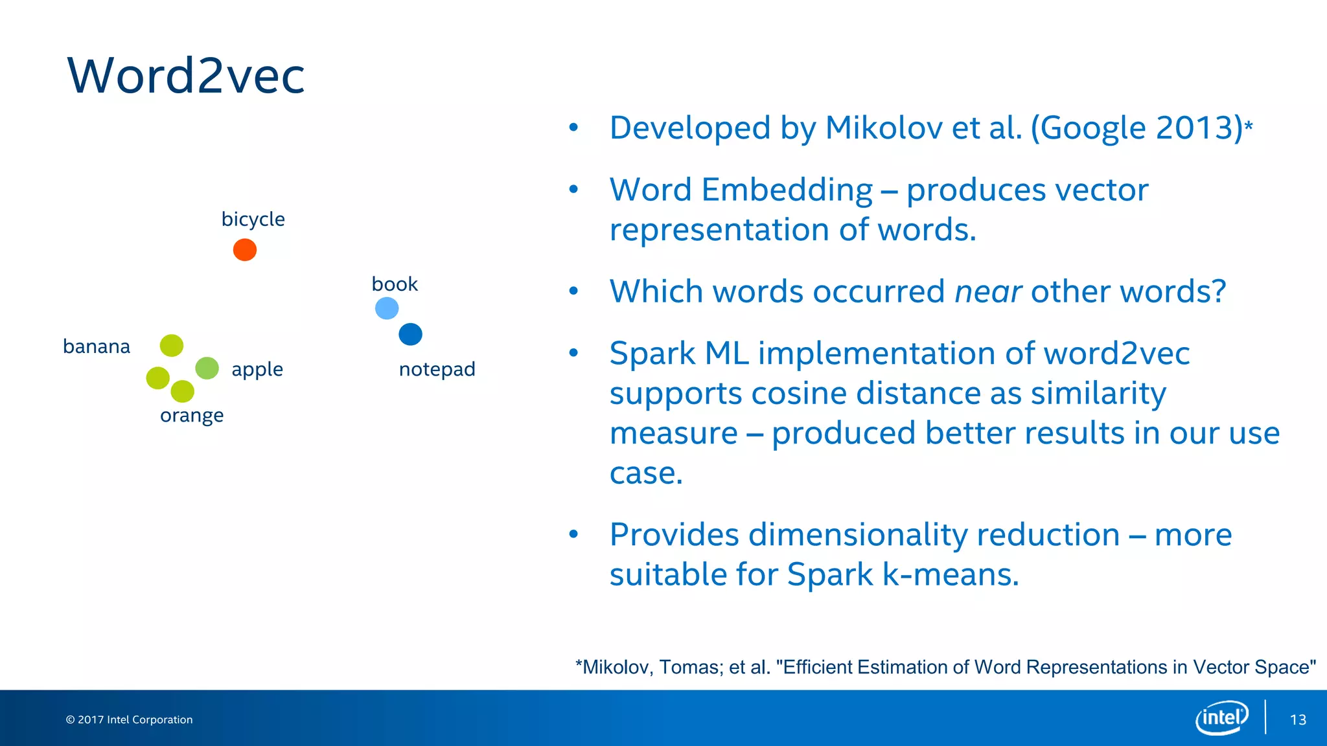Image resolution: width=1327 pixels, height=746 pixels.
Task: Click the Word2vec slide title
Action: coord(186,76)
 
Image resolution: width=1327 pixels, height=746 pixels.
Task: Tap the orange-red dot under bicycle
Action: coord(245,250)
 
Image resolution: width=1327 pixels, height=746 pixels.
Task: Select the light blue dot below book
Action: coord(387,308)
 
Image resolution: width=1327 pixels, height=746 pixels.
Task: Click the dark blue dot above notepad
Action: coord(410,334)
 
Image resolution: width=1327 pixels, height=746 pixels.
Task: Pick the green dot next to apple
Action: coord(207,368)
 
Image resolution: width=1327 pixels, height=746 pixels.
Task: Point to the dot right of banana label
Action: coord(172,345)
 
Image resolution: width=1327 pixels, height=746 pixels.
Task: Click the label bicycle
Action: coord(253,220)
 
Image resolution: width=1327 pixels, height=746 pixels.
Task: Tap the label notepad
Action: coord(437,369)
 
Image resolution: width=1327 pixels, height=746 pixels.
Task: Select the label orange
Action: coord(192,415)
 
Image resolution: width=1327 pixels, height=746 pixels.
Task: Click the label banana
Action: coord(97,346)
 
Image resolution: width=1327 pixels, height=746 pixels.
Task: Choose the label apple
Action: coord(257,369)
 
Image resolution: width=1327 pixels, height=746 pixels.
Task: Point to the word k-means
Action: coord(950,574)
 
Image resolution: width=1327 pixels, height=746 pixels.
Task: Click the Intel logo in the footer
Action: coord(1221,718)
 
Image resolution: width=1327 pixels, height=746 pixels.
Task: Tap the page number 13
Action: coord(1298,719)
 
